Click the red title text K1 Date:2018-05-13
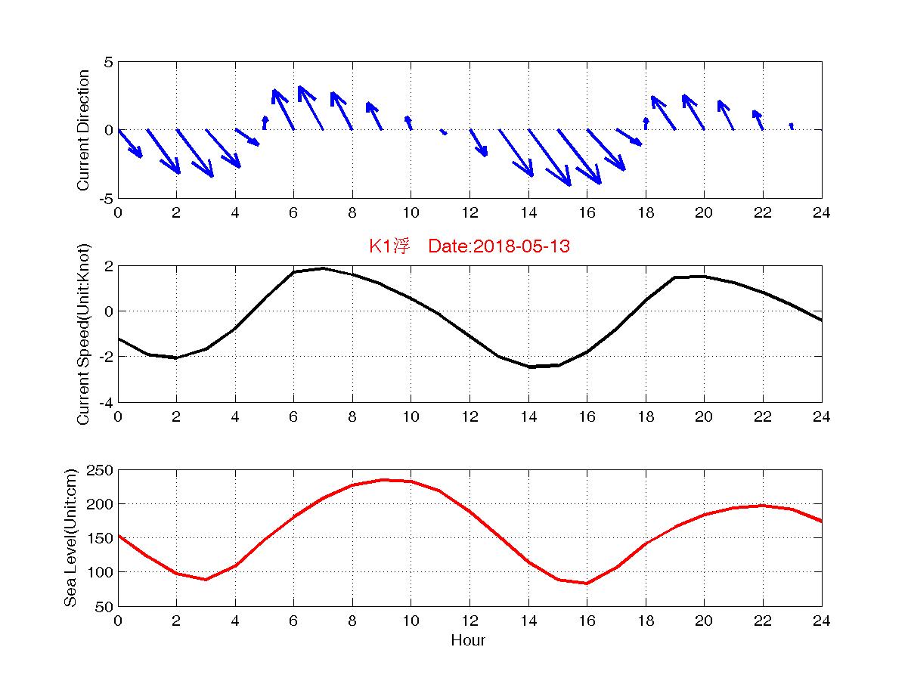469,246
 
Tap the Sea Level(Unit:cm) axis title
71,537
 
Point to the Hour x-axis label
468,641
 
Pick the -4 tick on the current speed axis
104,402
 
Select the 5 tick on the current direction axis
109,62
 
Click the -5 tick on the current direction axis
106,198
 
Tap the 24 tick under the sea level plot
821,621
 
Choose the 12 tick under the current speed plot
469,417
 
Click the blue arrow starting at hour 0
130,144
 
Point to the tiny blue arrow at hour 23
791,125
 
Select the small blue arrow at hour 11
443,132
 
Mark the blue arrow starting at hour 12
479,143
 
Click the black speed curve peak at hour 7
323,268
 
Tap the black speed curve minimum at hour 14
528,367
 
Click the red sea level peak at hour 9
382,479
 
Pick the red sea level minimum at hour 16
587,583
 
